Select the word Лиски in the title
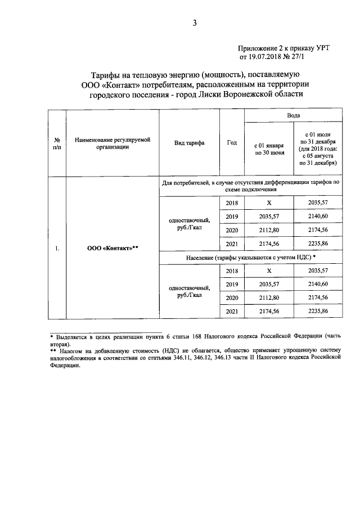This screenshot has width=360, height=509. coord(213,94)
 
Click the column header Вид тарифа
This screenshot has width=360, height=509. coord(189,143)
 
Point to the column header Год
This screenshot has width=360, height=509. coord(231,143)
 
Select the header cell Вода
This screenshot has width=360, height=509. coord(293,115)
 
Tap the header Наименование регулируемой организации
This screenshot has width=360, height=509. coord(112,143)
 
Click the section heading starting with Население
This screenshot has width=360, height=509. coord(251,256)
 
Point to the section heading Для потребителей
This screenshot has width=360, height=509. coord(251,186)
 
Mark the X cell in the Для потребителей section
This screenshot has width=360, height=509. coord(268,203)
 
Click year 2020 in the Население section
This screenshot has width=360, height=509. coord(231,298)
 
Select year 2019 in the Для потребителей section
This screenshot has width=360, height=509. coord(231,217)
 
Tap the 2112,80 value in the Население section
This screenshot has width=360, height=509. coord(268,298)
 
